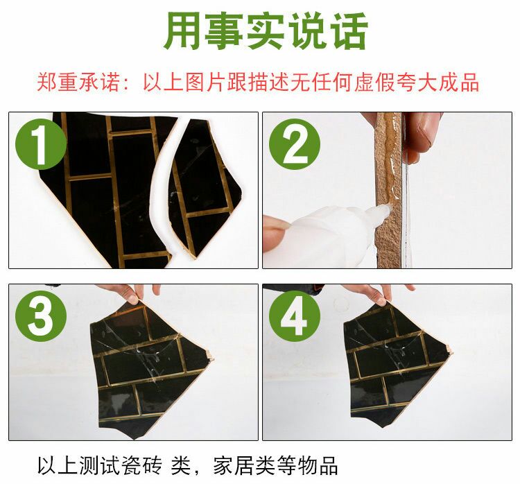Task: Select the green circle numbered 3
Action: pyautogui.click(x=41, y=318)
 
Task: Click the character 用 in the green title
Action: pyautogui.click(x=184, y=31)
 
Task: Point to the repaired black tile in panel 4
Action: pyautogui.click(x=395, y=368)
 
